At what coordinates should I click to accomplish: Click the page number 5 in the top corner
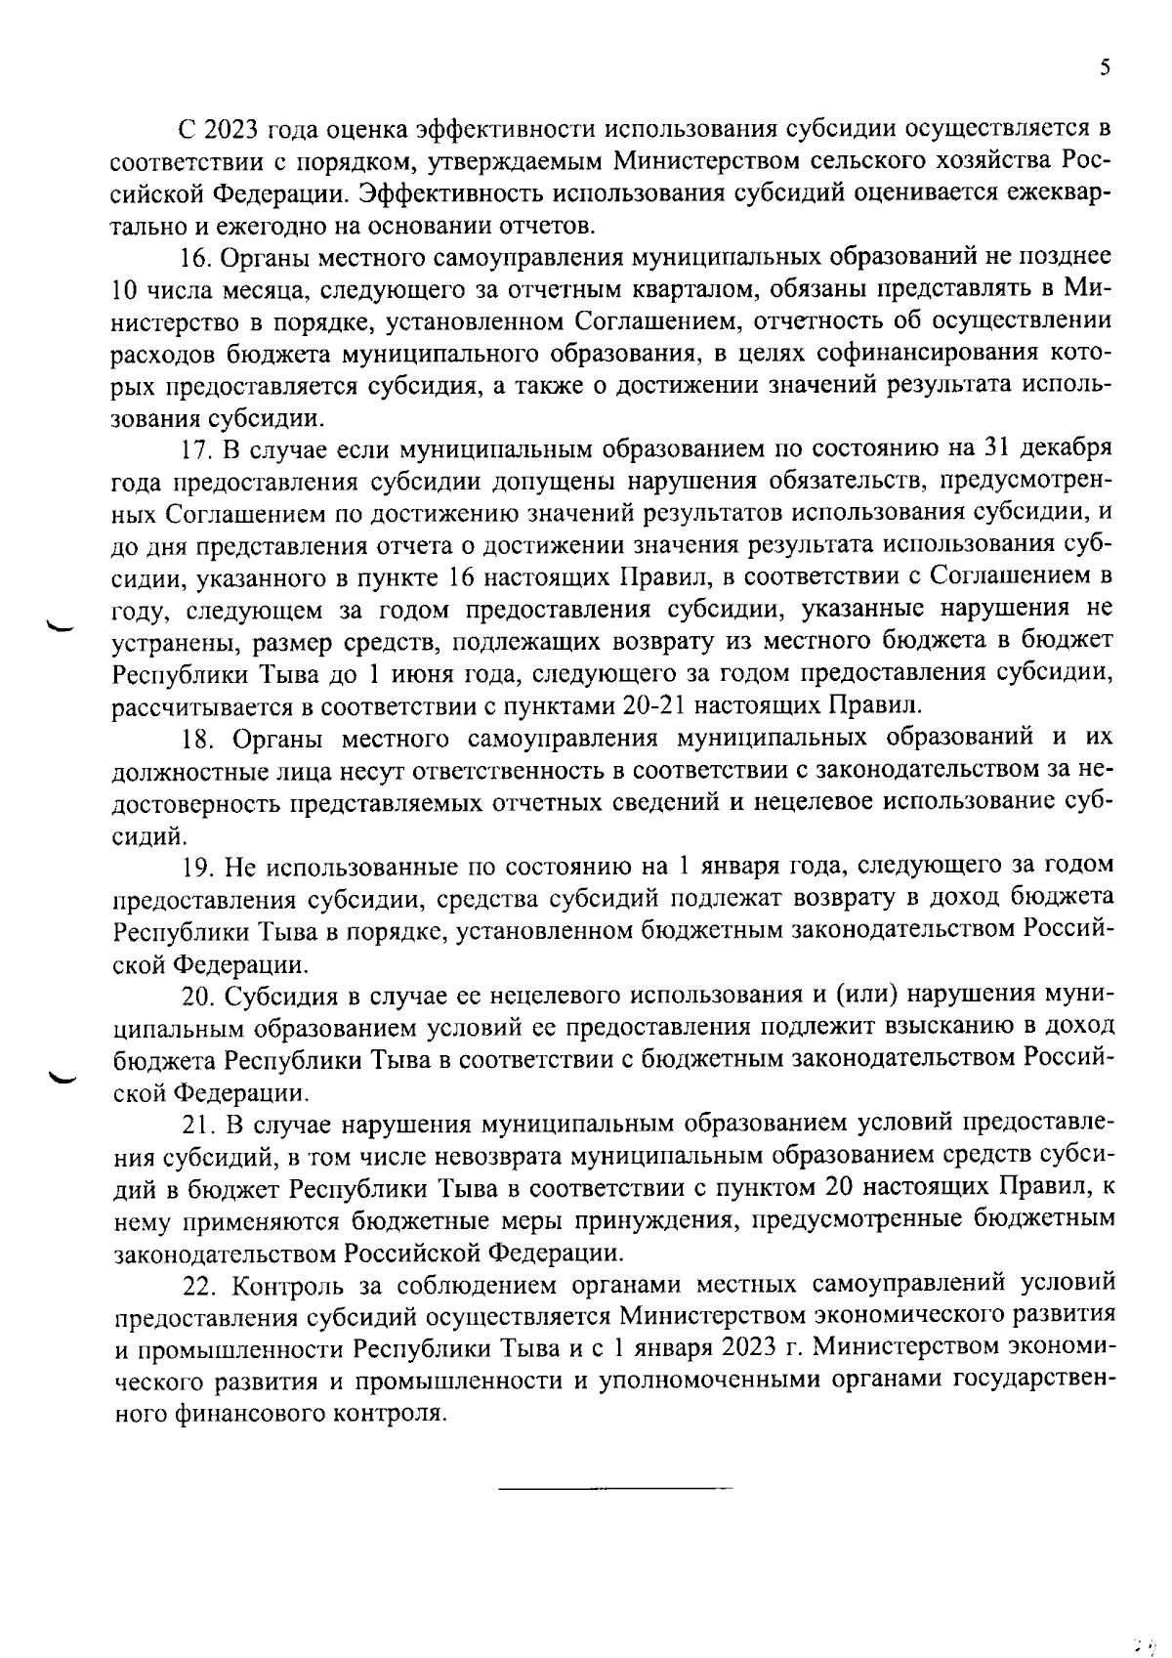[1105, 67]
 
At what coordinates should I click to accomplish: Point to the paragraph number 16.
[194, 257]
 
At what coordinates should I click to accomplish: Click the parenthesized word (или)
[867, 995]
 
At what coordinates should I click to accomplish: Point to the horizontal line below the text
[614, 1489]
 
